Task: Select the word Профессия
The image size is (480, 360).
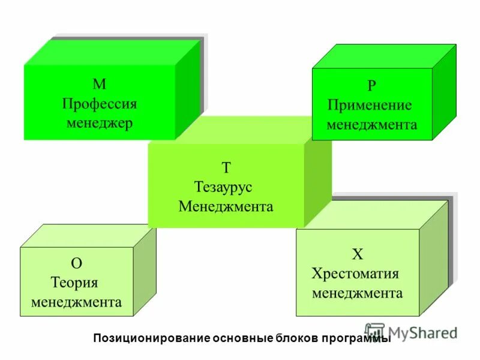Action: pyautogui.click(x=99, y=104)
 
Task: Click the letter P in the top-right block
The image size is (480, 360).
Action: pyautogui.click(x=372, y=86)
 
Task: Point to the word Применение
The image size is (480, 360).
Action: pyautogui.click(x=370, y=105)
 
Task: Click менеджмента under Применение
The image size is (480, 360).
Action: pyautogui.click(x=371, y=125)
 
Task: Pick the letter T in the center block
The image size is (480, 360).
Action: pyautogui.click(x=226, y=168)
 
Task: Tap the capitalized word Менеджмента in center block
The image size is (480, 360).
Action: pyautogui.click(x=226, y=206)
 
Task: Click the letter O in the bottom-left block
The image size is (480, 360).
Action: pyautogui.click(x=76, y=263)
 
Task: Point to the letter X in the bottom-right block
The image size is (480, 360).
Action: pyautogui.click(x=358, y=254)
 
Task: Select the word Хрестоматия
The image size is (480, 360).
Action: pyautogui.click(x=355, y=274)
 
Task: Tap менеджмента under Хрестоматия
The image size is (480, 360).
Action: pyautogui.click(x=357, y=293)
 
